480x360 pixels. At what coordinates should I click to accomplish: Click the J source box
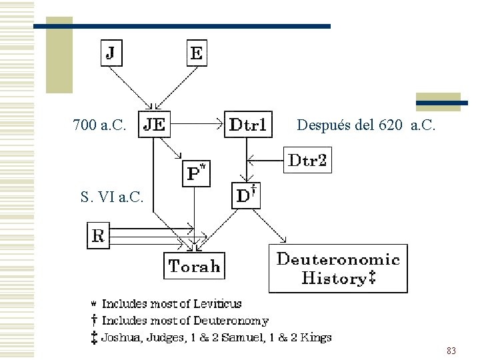(112, 52)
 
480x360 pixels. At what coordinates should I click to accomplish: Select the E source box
(196, 52)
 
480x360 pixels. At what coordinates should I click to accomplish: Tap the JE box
(155, 124)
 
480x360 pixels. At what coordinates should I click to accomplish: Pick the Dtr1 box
(248, 124)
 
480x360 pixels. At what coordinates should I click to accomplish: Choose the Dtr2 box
(307, 161)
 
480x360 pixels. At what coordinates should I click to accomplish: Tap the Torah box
(195, 266)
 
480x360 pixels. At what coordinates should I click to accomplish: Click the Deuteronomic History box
(338, 269)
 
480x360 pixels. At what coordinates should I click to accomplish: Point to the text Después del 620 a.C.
(366, 125)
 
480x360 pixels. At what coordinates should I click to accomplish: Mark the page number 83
(451, 350)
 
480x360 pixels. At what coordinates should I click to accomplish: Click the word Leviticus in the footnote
(216, 304)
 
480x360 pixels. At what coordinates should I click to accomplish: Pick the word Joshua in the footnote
(120, 337)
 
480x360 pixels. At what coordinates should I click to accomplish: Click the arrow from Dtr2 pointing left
(265, 160)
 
